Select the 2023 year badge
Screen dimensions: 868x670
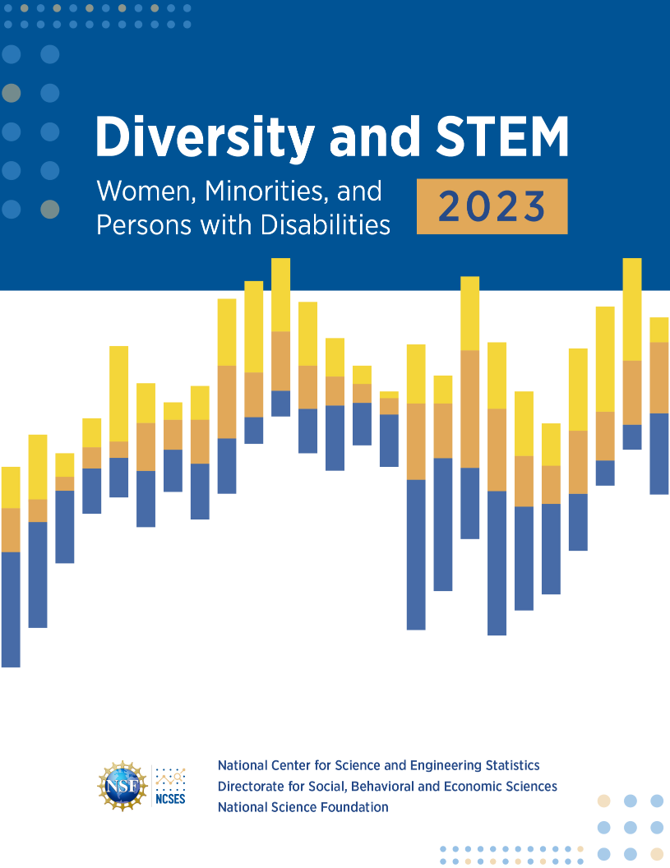[492, 205]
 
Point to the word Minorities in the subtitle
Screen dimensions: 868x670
[252, 192]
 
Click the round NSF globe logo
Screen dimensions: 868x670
[122, 786]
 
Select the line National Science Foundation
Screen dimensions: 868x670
[303, 807]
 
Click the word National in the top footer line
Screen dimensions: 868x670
[243, 765]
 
